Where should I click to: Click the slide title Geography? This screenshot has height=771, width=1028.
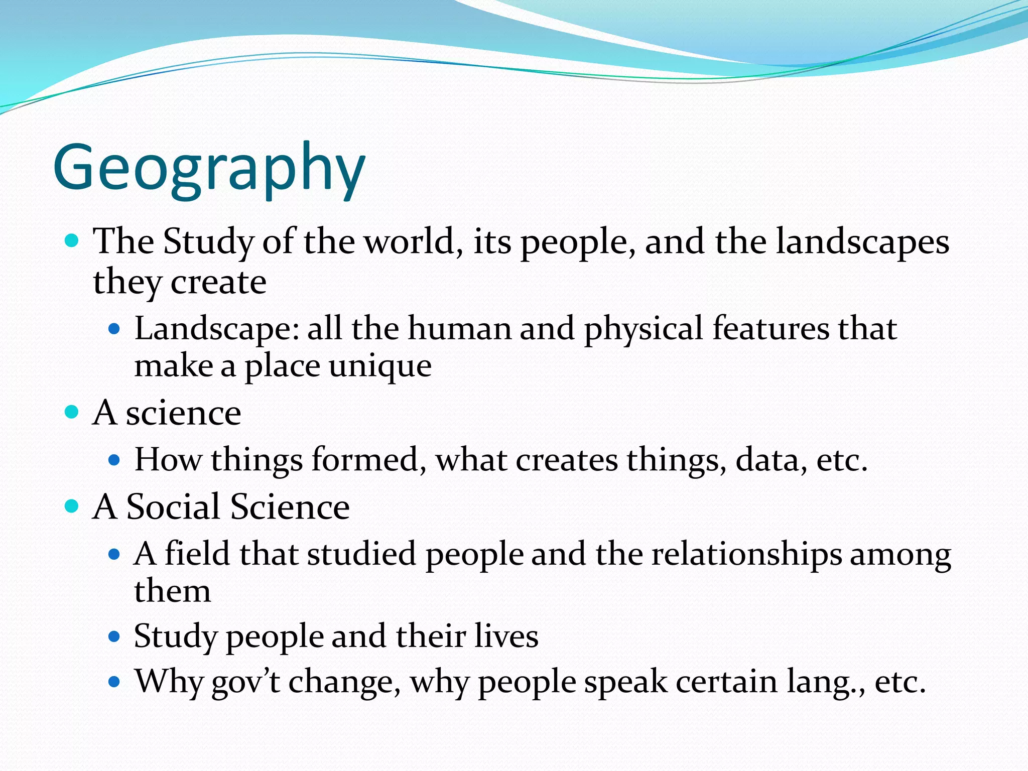(209, 168)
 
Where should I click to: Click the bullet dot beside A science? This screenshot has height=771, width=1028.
(72, 412)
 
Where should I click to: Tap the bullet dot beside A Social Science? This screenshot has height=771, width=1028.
(72, 505)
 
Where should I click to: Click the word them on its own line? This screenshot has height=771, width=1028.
(172, 591)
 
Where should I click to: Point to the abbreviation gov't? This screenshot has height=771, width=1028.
(245, 682)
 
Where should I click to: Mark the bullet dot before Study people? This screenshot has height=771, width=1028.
(114, 636)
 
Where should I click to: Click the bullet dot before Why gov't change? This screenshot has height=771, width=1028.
(114, 682)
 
